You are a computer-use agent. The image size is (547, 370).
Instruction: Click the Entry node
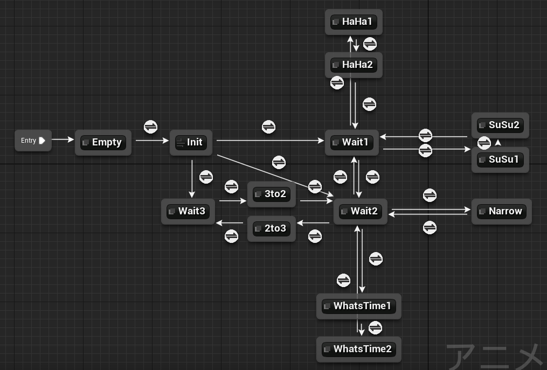(x=33, y=141)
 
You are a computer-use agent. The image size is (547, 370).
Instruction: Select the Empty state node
(x=103, y=142)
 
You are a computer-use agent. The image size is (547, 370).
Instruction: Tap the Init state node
(x=191, y=142)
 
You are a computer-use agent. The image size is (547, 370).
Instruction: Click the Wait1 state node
(x=351, y=142)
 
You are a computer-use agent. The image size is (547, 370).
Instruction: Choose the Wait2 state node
(x=361, y=211)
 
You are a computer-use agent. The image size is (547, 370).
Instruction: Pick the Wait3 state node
(x=188, y=211)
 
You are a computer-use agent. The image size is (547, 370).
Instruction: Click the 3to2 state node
(x=272, y=194)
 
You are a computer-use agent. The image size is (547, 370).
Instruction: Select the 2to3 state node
(x=272, y=228)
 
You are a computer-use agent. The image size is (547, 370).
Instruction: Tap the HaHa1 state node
(x=354, y=22)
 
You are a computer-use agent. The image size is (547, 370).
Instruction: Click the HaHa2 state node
(x=354, y=65)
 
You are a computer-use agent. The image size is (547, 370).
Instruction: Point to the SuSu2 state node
(x=500, y=125)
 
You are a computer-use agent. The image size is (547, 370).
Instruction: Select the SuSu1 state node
(x=500, y=160)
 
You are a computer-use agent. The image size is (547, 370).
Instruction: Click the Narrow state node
(x=501, y=211)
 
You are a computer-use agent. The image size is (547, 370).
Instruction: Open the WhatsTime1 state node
(x=358, y=306)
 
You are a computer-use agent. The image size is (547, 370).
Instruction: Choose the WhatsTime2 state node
(x=358, y=350)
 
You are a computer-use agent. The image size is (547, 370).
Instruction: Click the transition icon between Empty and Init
(x=151, y=127)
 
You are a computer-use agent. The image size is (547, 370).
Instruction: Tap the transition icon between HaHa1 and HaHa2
(x=370, y=44)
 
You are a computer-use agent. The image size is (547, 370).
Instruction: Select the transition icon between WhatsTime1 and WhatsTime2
(x=376, y=328)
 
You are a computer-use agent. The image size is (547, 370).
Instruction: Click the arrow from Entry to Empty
(x=63, y=140)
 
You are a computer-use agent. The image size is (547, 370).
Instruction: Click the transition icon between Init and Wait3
(x=206, y=177)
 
